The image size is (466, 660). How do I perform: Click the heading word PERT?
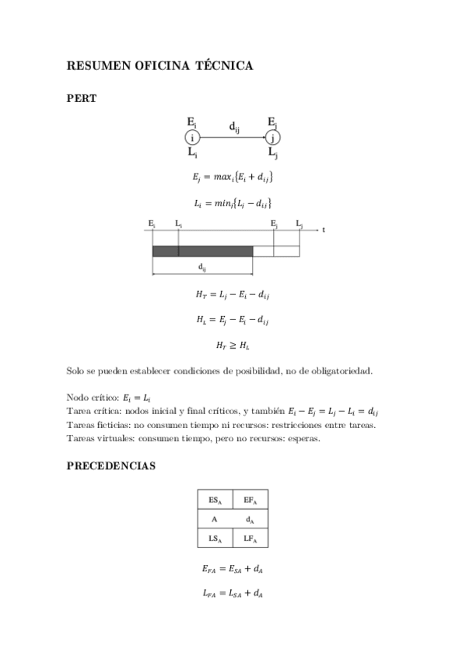pyautogui.click(x=82, y=98)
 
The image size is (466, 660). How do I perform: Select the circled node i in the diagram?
pyautogui.click(x=192, y=138)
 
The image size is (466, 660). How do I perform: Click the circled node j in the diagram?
pyautogui.click(x=272, y=138)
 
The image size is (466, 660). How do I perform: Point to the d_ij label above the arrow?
pyautogui.click(x=233, y=125)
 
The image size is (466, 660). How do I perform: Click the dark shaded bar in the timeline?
pyautogui.click(x=202, y=251)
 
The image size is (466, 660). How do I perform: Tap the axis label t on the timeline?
pyautogui.click(x=322, y=230)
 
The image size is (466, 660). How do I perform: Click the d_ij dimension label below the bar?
pyautogui.click(x=202, y=267)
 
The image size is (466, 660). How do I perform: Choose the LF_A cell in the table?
pyautogui.click(x=251, y=538)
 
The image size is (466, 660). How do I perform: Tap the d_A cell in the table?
pyautogui.click(x=251, y=519)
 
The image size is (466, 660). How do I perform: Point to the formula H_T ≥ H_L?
pyautogui.click(x=233, y=344)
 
